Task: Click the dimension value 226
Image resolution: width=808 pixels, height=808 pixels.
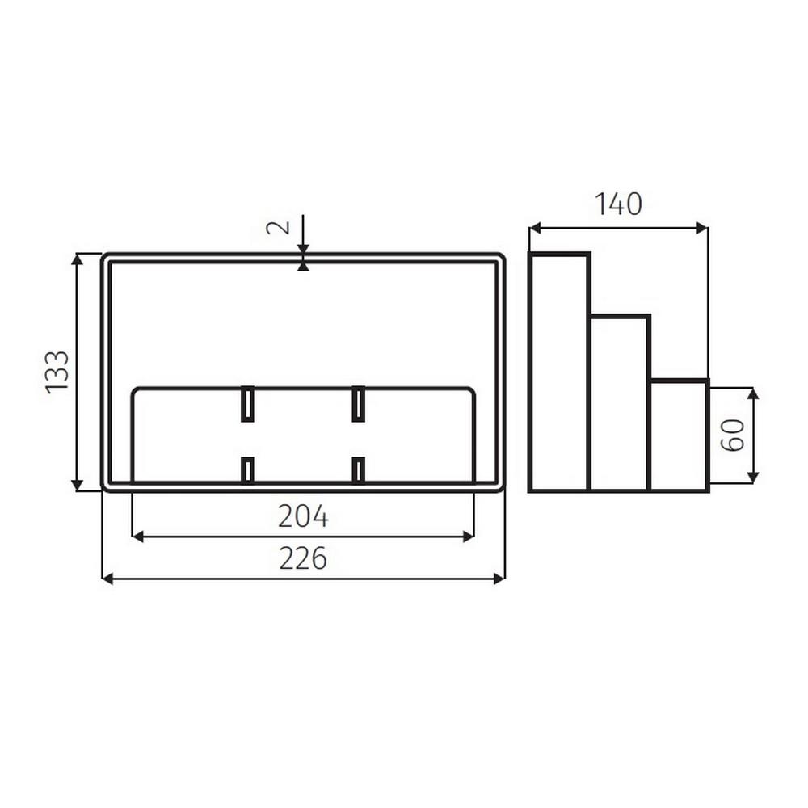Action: point(303,558)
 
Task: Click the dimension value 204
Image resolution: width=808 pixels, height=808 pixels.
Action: point(303,516)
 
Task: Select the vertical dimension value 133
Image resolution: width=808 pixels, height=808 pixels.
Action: point(57,372)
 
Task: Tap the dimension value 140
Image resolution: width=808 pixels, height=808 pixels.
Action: point(618,204)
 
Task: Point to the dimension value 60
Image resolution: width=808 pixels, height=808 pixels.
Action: point(732,436)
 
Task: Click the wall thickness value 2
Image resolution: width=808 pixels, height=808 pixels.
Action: point(277,225)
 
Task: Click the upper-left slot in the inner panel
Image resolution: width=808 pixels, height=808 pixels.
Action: point(247,404)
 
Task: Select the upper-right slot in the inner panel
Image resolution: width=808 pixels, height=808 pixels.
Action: point(358,404)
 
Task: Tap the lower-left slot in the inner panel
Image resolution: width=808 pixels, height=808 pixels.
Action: point(247,469)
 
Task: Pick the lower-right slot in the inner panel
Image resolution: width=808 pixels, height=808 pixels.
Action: point(358,469)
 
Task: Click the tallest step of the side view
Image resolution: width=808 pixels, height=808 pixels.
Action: point(558,372)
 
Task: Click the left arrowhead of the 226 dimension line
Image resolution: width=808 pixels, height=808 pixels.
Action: point(107,579)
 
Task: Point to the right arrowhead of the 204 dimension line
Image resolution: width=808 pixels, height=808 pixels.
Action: point(469,536)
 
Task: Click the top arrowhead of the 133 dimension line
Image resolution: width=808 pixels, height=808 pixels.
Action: point(77,259)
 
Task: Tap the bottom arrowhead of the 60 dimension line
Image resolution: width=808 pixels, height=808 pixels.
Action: point(753,478)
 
